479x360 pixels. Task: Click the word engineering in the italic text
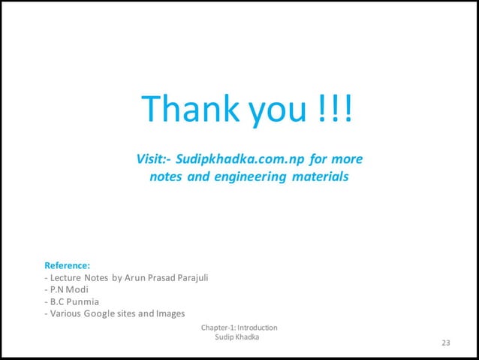pos(248,178)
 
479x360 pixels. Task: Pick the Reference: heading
pos(68,265)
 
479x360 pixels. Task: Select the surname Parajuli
pos(192,277)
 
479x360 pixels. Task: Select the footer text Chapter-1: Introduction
pos(239,328)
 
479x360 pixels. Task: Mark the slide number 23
pos(446,343)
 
